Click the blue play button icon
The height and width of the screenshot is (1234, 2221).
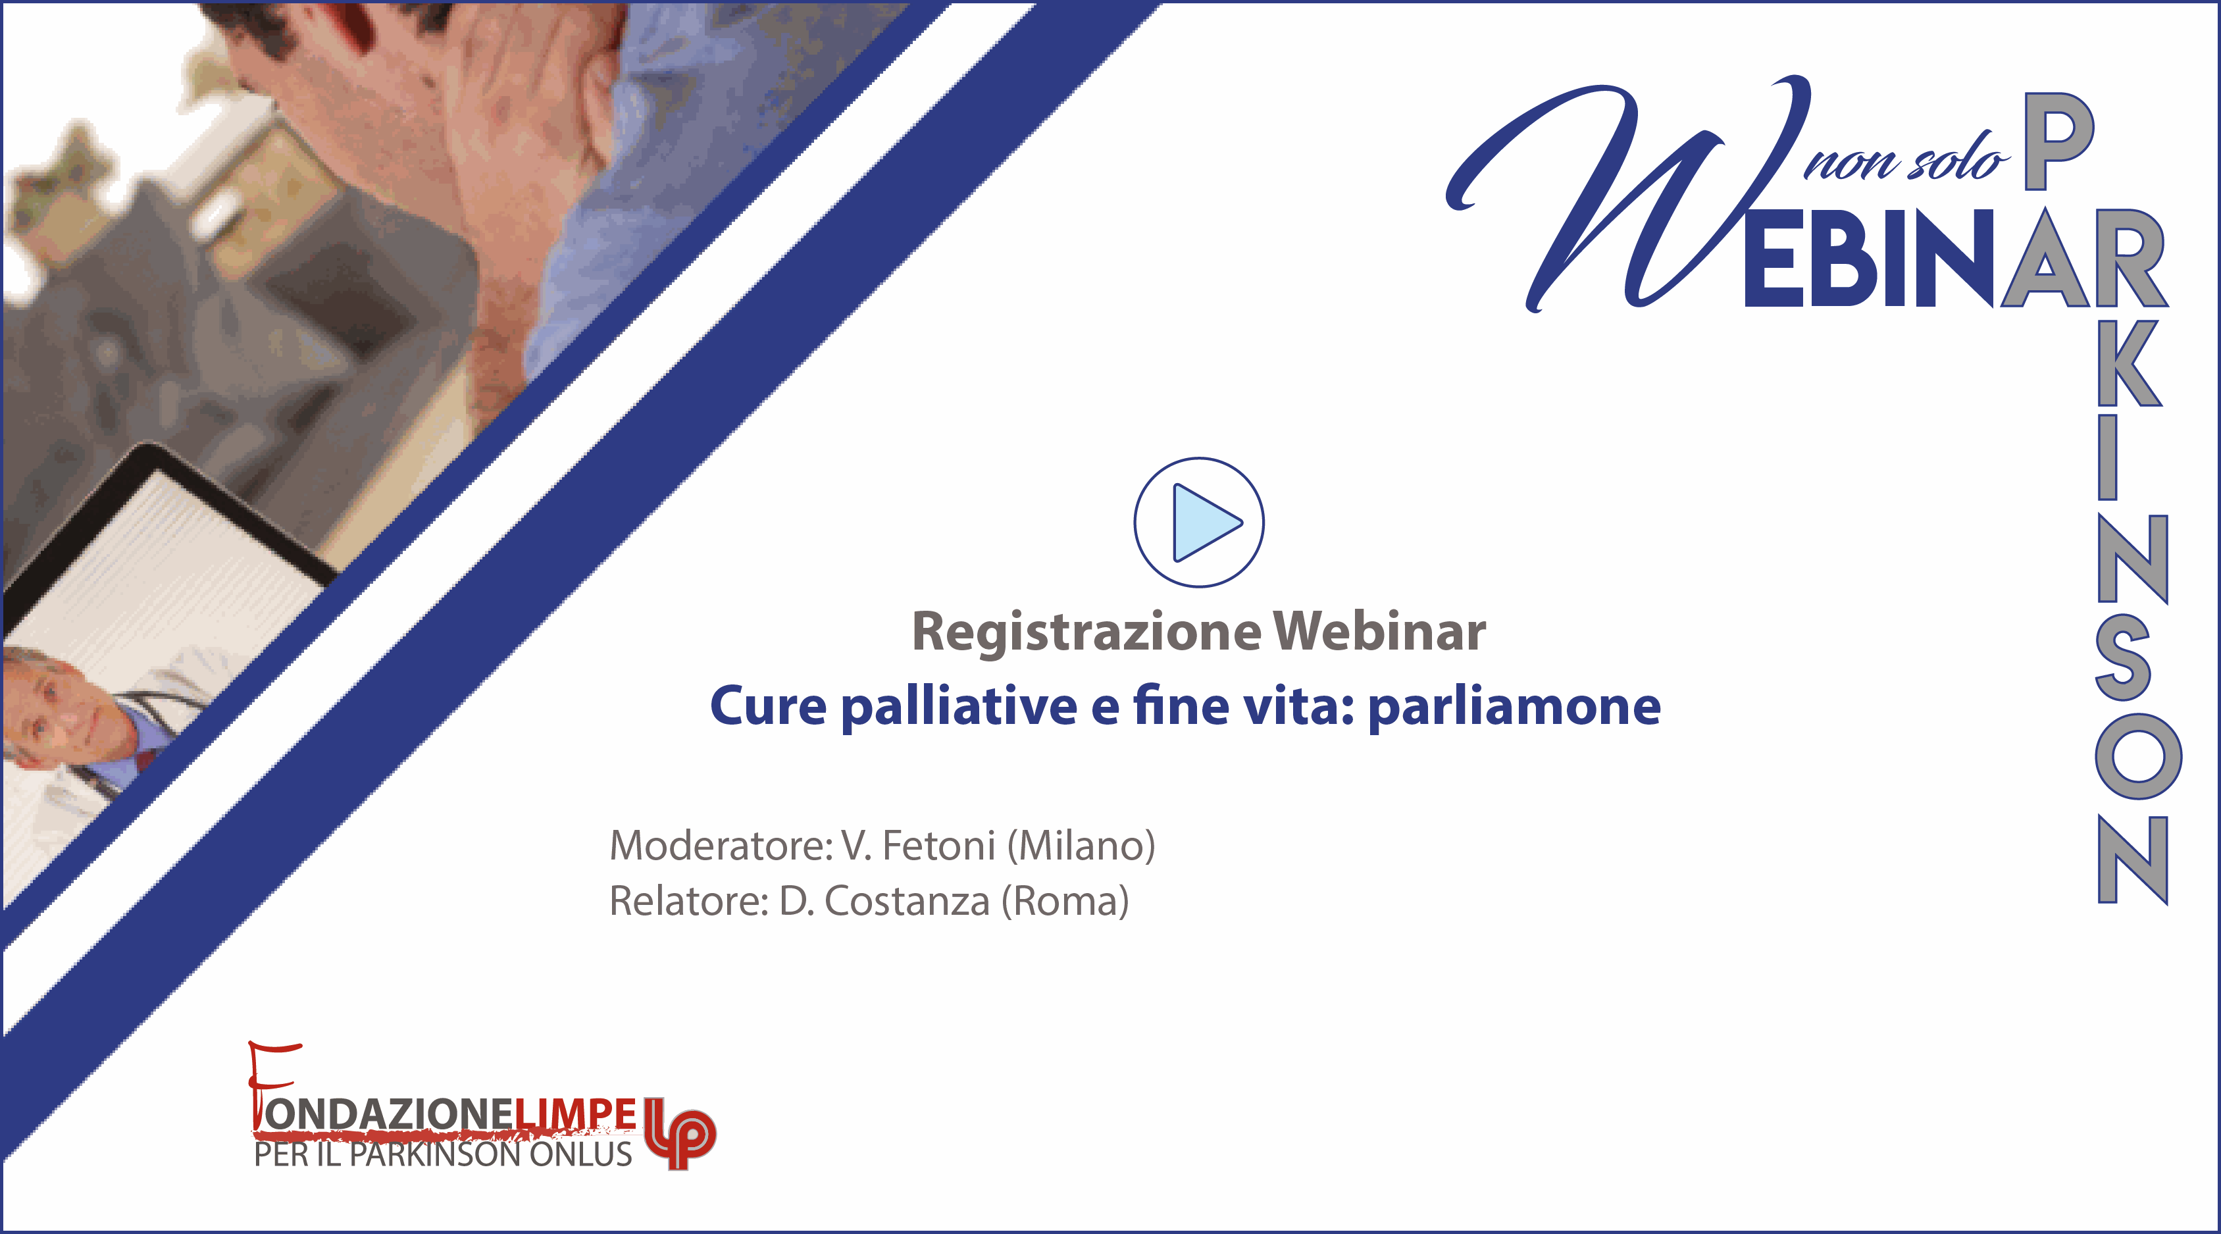coord(1198,523)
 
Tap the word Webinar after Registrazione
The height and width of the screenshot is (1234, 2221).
coord(1379,631)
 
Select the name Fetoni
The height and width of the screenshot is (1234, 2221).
coord(939,845)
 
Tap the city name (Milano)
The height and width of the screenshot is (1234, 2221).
coord(1081,846)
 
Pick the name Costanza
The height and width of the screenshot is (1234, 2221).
coord(907,901)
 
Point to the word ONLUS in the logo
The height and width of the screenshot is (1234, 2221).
coord(580,1154)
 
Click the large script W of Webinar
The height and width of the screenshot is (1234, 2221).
coord(1629,194)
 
